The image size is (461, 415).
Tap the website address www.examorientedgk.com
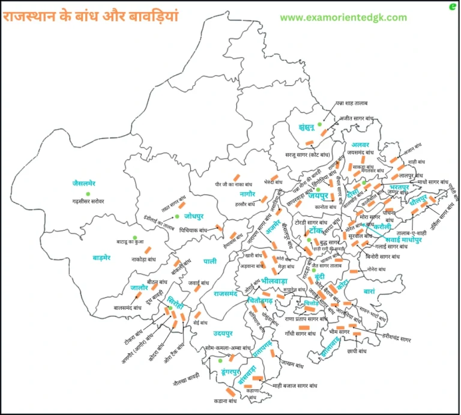tap(343, 17)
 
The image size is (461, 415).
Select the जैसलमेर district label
tap(88, 183)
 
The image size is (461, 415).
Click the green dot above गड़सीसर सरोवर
tap(88, 193)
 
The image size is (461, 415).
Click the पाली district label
tap(210, 261)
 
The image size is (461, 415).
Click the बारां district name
tap(369, 291)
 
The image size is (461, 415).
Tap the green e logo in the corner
tap(452, 7)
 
